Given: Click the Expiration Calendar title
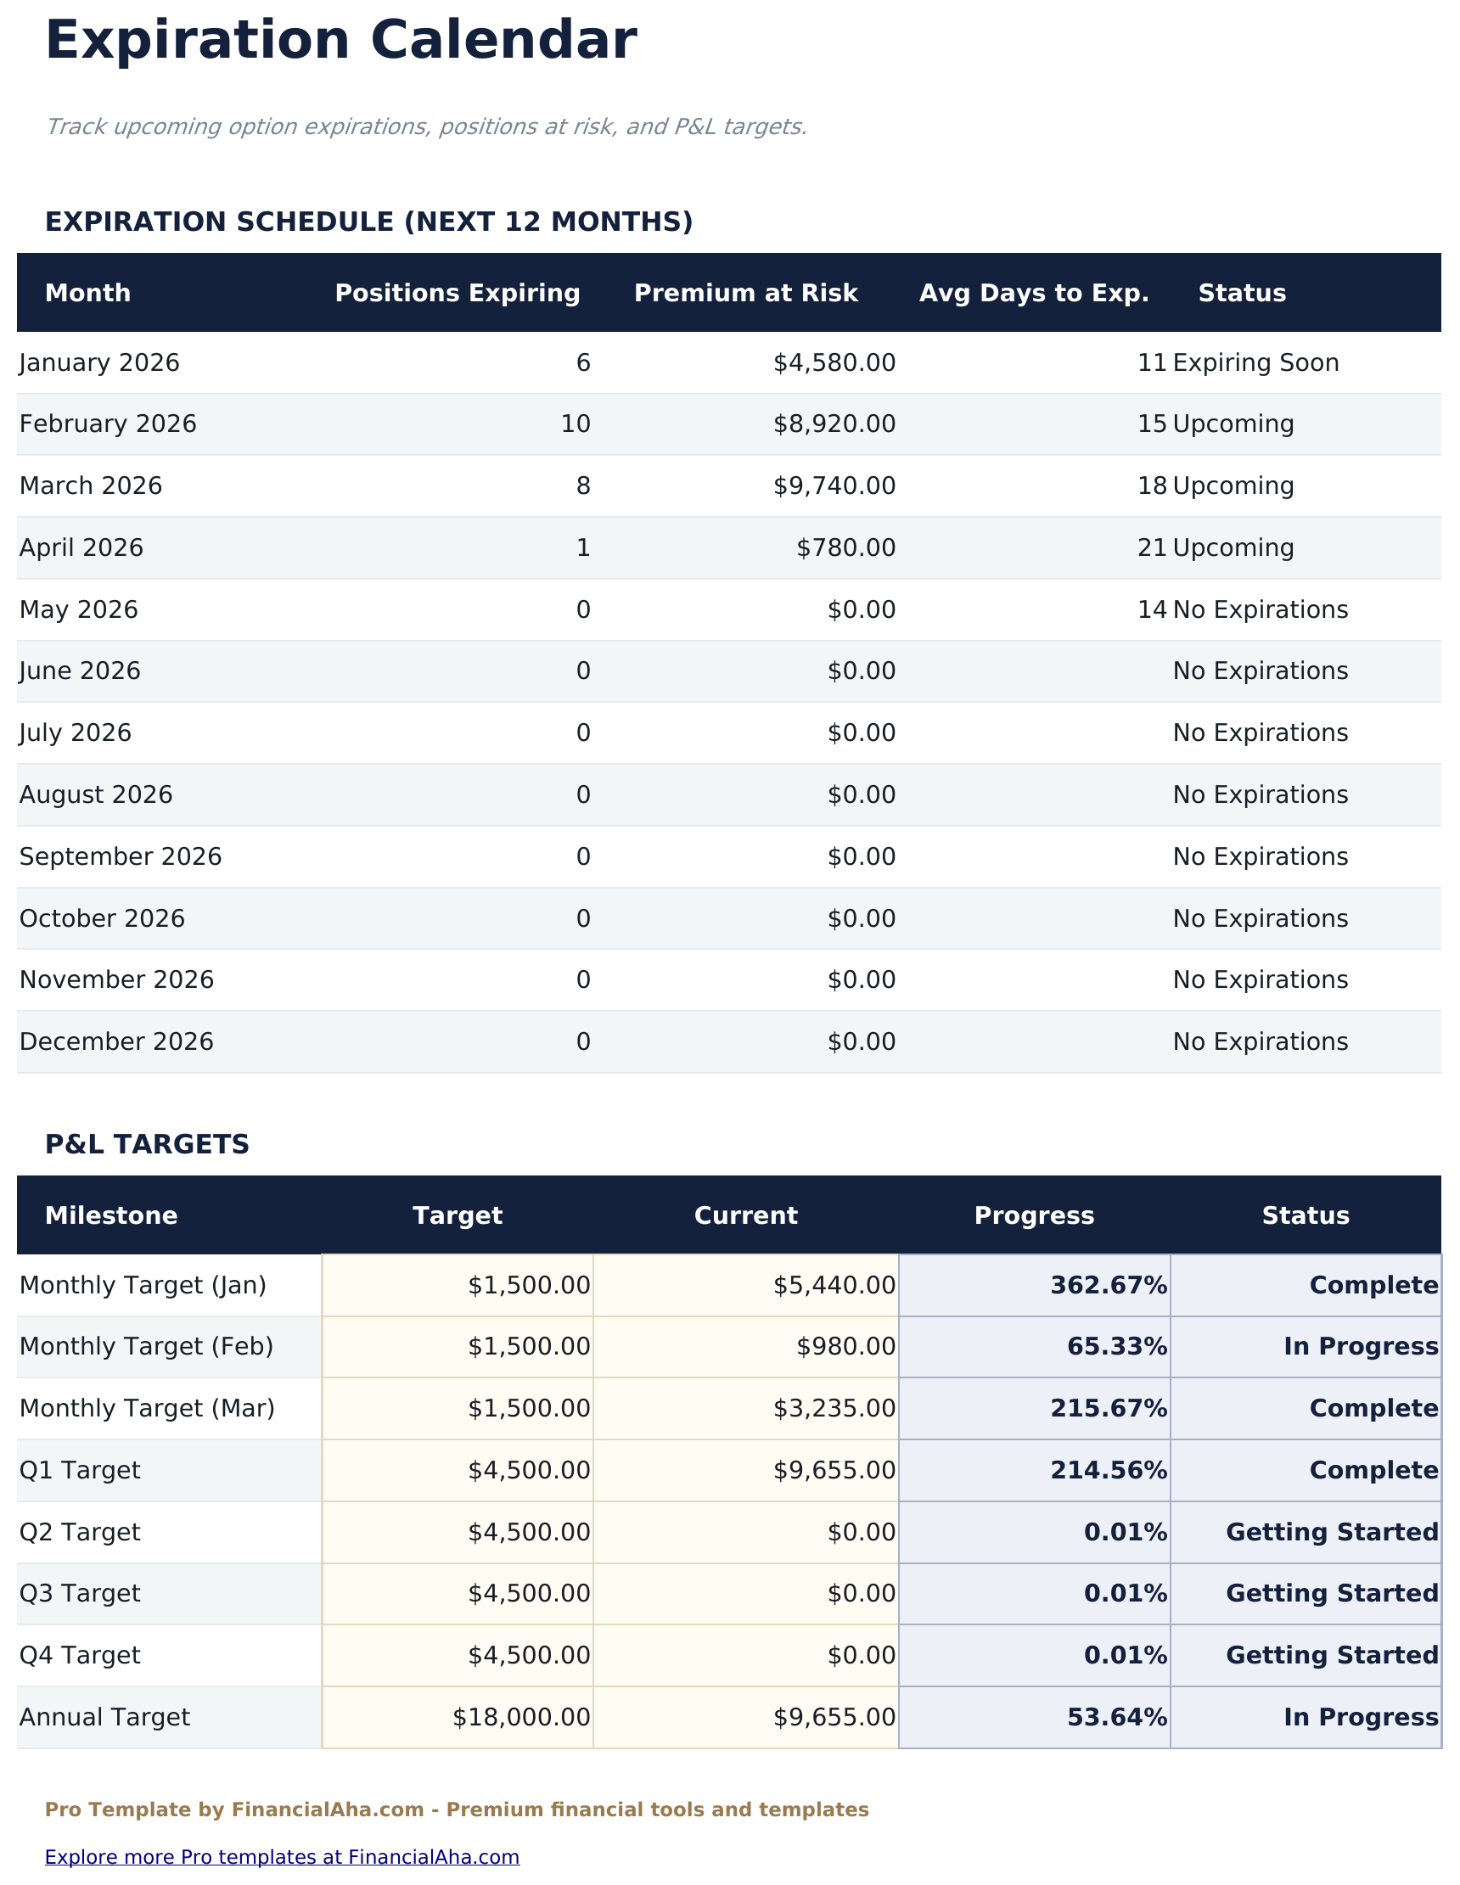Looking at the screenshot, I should click(340, 42).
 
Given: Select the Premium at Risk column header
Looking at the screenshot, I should click(745, 294).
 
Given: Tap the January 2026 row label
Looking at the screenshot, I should click(99, 363).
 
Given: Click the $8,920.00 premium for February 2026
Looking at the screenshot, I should click(834, 424).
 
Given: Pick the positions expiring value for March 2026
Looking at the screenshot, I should click(583, 487).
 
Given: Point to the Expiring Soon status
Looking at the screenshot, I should click(1255, 363).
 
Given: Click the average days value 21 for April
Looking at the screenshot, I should click(1152, 548).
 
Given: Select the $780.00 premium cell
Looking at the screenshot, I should click(845, 548).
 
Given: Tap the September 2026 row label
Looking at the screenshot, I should click(120, 857).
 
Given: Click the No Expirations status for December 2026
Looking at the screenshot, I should click(1260, 1042).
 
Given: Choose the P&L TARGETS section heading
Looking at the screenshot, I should click(147, 1145).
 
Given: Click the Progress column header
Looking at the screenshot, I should click(1034, 1216).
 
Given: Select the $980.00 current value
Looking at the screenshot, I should click(845, 1347).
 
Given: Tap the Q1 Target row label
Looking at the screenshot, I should click(80, 1471).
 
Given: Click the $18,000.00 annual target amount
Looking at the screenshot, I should click(520, 1718).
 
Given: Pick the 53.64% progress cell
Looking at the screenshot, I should click(1116, 1718).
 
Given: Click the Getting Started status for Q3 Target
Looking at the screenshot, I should click(1331, 1594).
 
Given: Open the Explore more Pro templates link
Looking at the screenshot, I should click(282, 1856).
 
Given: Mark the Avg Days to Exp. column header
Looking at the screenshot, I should click(1034, 294).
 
